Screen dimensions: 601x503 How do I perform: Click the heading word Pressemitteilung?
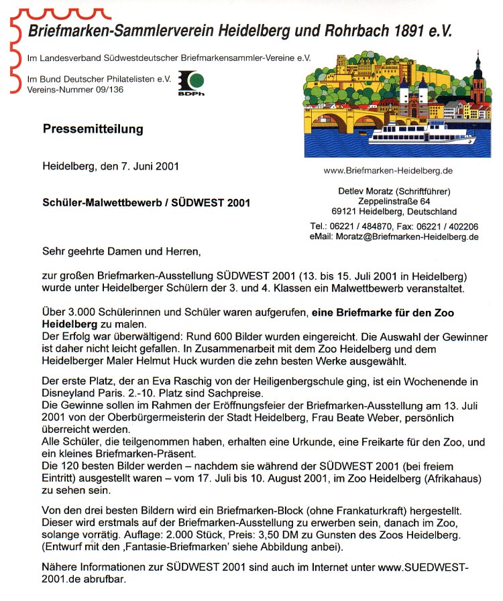point(93,129)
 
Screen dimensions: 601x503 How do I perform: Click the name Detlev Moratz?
point(365,192)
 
